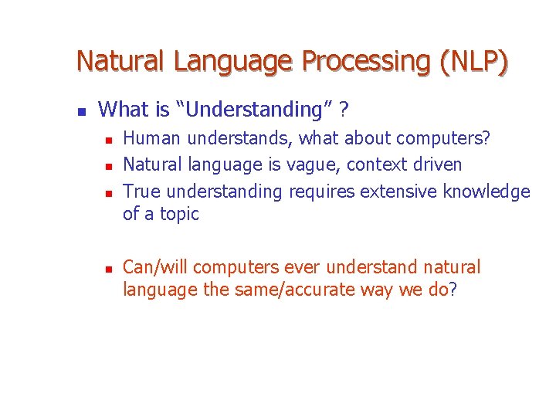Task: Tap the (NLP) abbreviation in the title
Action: pos(473,61)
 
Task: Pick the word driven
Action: pos(438,164)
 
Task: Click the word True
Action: pos(142,191)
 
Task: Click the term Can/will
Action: pos(156,268)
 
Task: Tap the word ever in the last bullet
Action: pos(303,268)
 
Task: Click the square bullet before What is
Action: pos(81,111)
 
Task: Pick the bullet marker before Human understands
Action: pos(109,140)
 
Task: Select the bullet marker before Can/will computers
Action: pos(109,269)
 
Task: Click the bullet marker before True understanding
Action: pos(109,192)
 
